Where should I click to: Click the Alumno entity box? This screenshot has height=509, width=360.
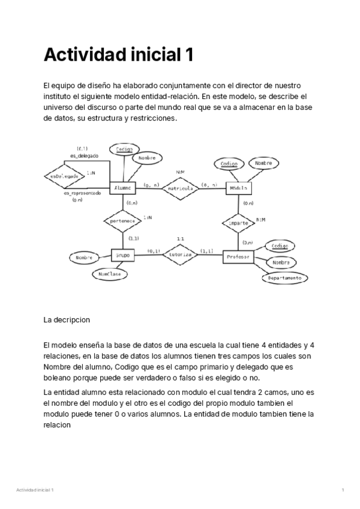click(x=123, y=188)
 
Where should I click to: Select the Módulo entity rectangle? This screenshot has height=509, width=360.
click(x=239, y=188)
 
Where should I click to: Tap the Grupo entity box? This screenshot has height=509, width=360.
click(x=124, y=254)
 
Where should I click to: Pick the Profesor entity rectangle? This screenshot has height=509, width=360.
click(x=238, y=257)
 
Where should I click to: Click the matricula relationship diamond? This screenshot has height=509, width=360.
click(x=180, y=188)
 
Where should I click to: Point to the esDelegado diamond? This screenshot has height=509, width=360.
click(x=63, y=176)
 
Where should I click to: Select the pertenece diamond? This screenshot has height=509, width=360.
click(x=122, y=221)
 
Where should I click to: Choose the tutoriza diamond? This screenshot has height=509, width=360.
click(x=180, y=254)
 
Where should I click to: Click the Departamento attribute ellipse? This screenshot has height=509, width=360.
click(x=284, y=278)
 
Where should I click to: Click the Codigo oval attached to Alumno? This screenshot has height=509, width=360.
click(x=124, y=149)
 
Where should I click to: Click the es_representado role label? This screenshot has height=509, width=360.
click(x=82, y=193)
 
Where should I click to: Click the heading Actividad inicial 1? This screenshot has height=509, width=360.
click(x=119, y=55)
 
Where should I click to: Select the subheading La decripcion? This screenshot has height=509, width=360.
click(x=67, y=320)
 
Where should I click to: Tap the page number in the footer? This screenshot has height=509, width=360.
click(x=343, y=490)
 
